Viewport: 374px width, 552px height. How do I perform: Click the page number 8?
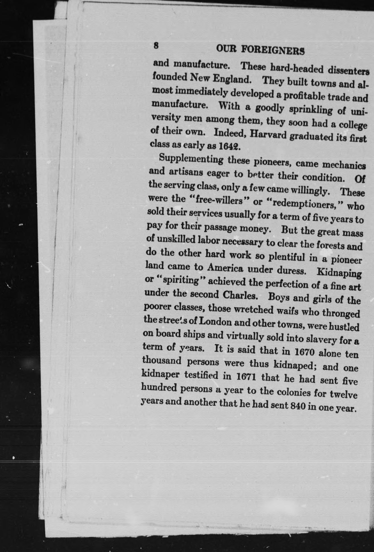pos(156,46)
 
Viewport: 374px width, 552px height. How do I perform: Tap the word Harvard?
pos(268,135)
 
